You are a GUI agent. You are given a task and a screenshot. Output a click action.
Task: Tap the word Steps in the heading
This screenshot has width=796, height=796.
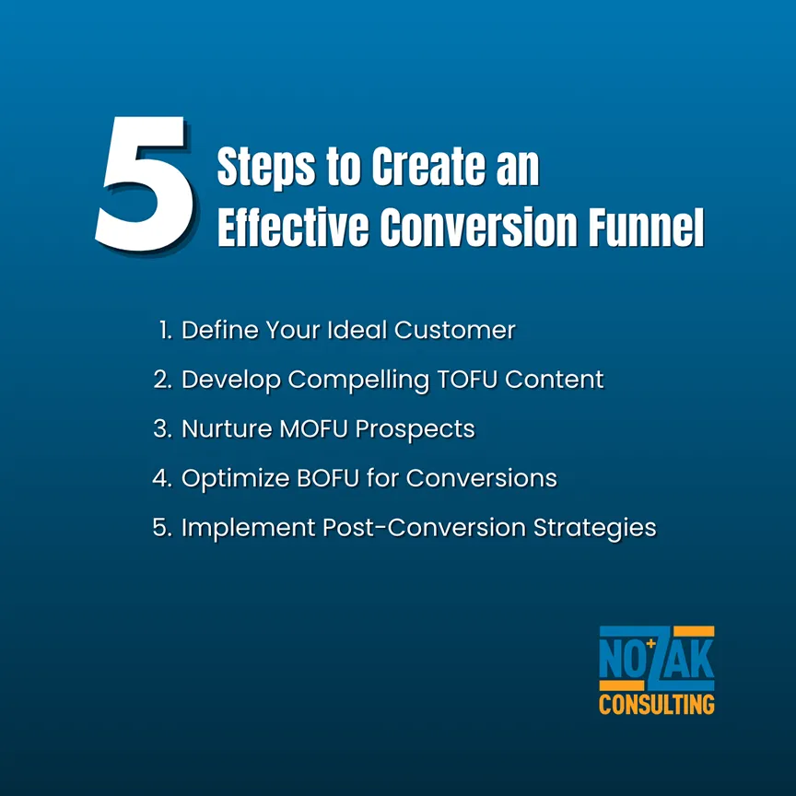[x=266, y=167]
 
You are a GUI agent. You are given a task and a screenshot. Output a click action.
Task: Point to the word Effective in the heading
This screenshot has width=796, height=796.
[x=293, y=227]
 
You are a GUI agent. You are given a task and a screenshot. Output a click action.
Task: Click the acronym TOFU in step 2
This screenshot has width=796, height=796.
[x=466, y=380]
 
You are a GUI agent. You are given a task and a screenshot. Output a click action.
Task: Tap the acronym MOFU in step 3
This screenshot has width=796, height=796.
[x=314, y=429]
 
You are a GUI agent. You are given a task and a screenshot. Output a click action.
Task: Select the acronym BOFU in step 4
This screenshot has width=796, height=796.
[x=328, y=478]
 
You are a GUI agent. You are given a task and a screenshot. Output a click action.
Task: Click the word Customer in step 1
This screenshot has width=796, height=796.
[x=455, y=330]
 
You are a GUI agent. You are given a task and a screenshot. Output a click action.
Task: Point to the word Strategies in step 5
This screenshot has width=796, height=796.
[x=595, y=528]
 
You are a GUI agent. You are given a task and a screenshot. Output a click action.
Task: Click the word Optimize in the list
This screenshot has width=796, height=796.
[x=235, y=479]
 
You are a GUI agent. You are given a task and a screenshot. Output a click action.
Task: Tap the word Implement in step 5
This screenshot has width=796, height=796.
[x=248, y=528]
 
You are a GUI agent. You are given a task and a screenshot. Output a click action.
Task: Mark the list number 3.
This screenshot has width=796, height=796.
[x=162, y=429]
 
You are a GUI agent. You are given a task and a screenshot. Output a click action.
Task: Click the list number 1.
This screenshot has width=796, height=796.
[x=166, y=330]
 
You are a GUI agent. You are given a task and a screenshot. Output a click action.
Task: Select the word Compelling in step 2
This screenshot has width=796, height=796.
[x=358, y=380]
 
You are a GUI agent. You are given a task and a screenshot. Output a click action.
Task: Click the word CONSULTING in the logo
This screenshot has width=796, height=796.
[x=656, y=705]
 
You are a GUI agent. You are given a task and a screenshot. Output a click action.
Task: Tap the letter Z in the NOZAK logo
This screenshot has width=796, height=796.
[x=657, y=659]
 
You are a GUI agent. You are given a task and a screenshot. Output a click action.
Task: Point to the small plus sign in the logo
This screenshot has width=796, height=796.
[x=651, y=644]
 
